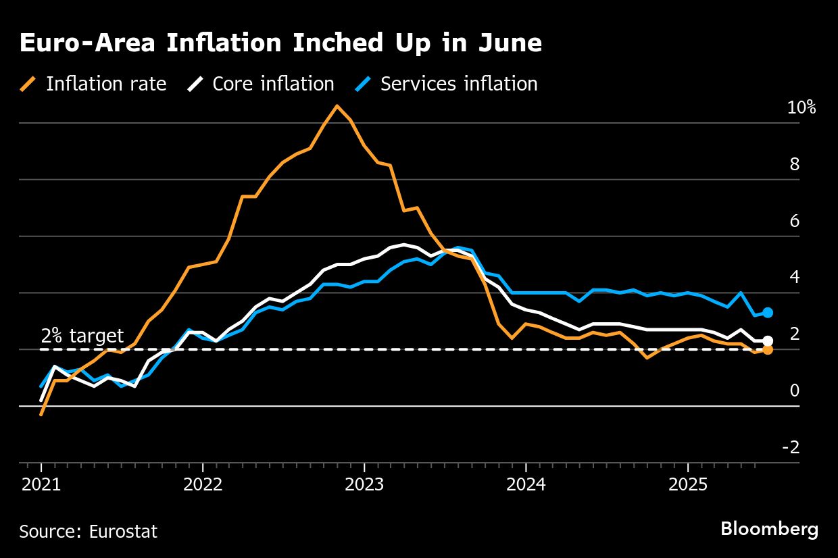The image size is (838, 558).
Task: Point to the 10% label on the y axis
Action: tap(802, 107)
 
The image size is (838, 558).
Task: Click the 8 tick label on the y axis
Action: tap(795, 164)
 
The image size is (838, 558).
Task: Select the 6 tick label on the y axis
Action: tap(795, 221)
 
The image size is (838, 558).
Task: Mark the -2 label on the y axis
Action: tap(791, 447)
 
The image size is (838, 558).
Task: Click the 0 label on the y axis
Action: tap(795, 390)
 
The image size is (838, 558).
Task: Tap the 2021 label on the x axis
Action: tap(41, 485)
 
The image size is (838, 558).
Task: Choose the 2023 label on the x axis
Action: tap(364, 485)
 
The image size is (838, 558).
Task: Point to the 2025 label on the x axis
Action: tap(687, 485)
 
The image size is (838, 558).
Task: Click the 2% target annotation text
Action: tap(82, 336)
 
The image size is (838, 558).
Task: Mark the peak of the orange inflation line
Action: tap(337, 106)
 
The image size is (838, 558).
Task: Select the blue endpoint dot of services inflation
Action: tap(768, 313)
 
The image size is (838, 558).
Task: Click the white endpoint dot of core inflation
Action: tap(768, 341)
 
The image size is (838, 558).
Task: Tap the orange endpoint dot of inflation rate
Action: tap(768, 350)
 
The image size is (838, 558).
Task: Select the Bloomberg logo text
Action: tap(769, 529)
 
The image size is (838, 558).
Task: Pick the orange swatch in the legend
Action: tap(28, 84)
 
